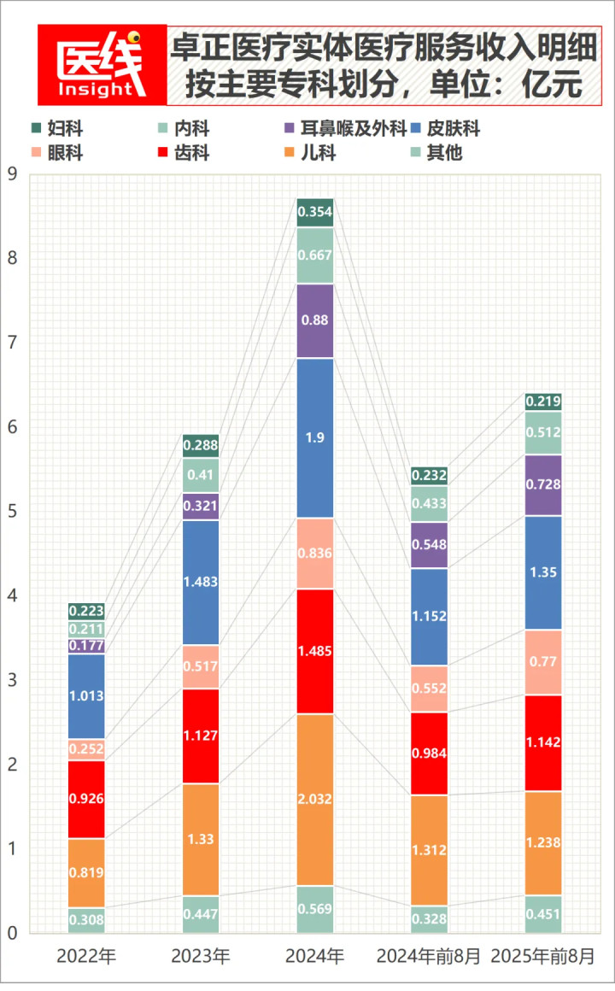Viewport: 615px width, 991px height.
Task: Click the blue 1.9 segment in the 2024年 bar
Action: click(x=315, y=437)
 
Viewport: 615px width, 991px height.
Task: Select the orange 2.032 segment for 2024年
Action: click(x=315, y=799)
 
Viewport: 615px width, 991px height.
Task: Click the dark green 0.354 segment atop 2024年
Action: click(x=315, y=212)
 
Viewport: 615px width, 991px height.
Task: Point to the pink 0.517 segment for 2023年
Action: click(x=201, y=666)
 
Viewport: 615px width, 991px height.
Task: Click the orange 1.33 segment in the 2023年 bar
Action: click(x=201, y=839)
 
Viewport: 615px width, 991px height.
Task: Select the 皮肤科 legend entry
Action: click(x=444, y=130)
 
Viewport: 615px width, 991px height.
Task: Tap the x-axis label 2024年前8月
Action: click(x=429, y=956)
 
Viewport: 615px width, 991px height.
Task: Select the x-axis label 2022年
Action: click(x=86, y=956)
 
